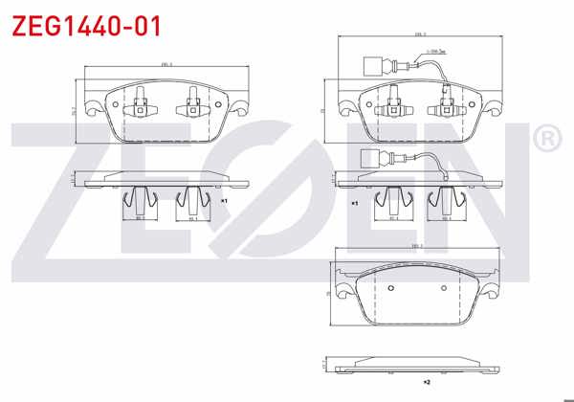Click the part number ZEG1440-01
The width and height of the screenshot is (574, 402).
(x=85, y=26)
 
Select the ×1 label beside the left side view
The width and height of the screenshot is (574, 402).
(x=223, y=202)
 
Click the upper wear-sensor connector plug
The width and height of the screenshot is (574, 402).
(x=374, y=67)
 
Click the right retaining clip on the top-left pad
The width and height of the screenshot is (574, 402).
(x=192, y=102)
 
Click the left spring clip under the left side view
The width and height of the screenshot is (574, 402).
(x=140, y=200)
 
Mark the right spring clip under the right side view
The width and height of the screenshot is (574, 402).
(x=446, y=200)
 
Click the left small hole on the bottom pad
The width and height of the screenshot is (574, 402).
(x=391, y=287)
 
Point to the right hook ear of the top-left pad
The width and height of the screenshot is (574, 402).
(x=242, y=108)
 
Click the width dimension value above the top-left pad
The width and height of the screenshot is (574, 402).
(x=166, y=65)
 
